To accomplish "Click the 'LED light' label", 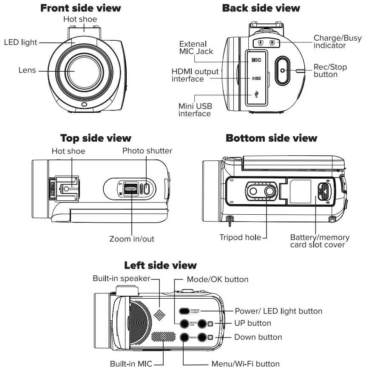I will point(20,42).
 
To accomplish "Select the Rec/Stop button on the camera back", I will point(282,68).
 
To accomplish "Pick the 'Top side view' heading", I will point(96,138).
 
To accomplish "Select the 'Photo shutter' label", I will point(147,151).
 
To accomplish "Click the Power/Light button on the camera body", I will point(184,311).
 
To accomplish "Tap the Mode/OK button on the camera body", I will point(184,324).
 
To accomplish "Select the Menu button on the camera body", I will point(184,337).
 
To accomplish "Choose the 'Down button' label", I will point(258,337).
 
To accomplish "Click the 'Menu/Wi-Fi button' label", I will point(245,364).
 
